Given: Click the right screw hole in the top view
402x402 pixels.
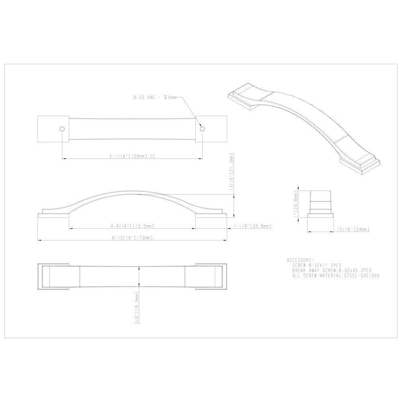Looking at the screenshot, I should point(202,129).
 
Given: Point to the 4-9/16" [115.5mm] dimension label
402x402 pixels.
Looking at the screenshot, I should point(131,226).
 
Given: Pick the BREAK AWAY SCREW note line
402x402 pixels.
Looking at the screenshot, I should point(332,271).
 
